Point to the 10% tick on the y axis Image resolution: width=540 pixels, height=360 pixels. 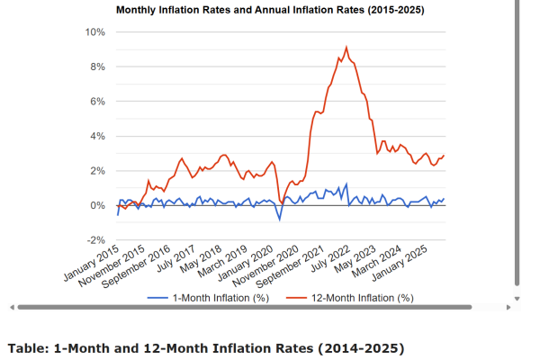(95, 31)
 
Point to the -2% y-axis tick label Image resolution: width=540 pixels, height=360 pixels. (95, 240)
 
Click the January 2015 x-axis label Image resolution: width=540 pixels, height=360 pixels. (93, 261)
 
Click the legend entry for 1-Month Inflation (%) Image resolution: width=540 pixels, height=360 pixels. (212, 297)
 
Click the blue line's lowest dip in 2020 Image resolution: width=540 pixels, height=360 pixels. (280, 220)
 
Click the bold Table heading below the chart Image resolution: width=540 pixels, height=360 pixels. (206, 347)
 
